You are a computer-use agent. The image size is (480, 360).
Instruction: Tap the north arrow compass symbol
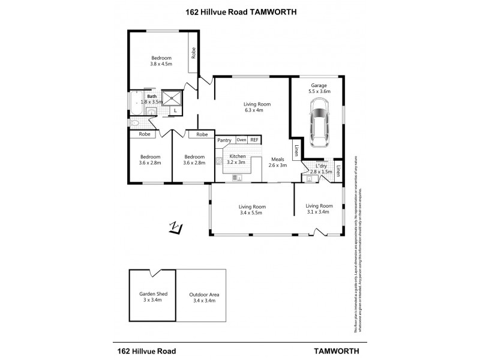click(176, 228)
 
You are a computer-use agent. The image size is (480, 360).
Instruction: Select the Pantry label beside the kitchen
click(224, 140)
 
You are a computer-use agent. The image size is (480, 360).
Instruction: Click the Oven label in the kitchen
click(241, 140)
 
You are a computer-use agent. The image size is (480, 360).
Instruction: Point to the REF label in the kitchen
click(255, 140)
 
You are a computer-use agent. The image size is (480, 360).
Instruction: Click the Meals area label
click(277, 159)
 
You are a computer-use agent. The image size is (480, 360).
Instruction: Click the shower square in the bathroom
click(174, 97)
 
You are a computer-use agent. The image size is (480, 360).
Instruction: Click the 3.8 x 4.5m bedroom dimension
click(161, 64)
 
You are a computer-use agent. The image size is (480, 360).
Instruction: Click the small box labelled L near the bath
click(175, 110)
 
